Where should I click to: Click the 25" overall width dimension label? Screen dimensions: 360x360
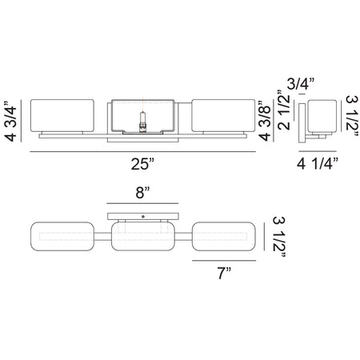pos(142,164)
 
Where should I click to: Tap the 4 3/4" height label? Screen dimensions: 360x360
pos(10,121)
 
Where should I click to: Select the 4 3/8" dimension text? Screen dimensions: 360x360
pos(265,121)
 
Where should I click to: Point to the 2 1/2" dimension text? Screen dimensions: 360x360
pos(283,110)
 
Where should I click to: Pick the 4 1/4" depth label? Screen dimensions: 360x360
pos(318,163)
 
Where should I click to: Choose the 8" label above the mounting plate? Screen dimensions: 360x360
pos(142,193)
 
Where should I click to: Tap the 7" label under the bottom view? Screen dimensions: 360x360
pos(224,273)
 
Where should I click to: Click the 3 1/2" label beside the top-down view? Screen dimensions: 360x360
pos(279,237)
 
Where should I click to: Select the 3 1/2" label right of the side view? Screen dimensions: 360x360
pos(352,116)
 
